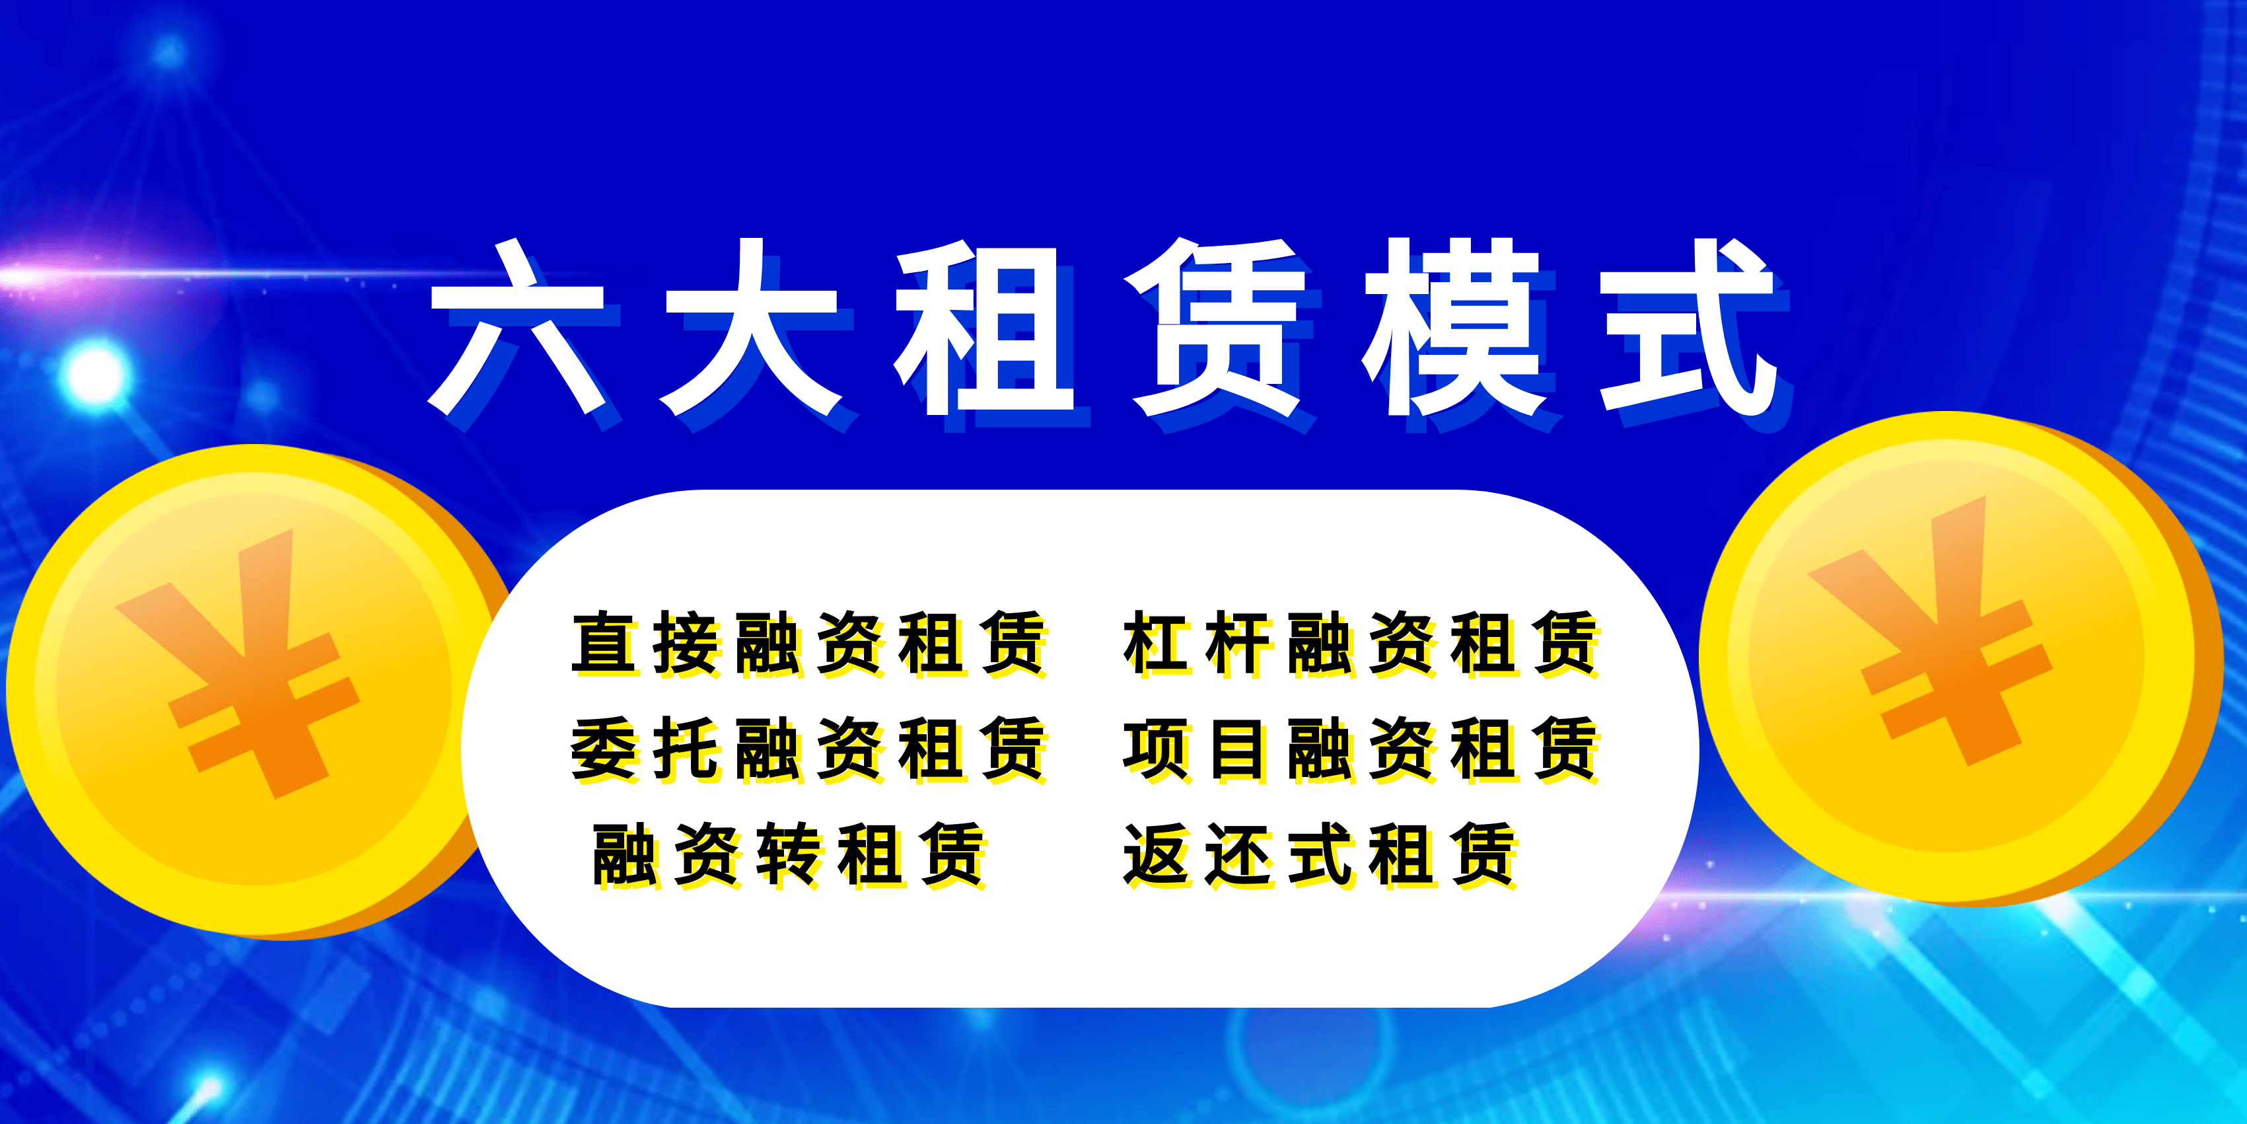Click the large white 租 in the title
tap(984, 327)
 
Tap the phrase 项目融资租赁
tap(1361, 748)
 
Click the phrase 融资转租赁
tap(789, 854)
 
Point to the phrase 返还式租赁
tap(1320, 854)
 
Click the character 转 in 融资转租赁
tap(788, 854)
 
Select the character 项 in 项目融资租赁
tap(1156, 748)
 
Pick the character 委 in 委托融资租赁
tap(604, 748)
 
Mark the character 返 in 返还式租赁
tap(1156, 854)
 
